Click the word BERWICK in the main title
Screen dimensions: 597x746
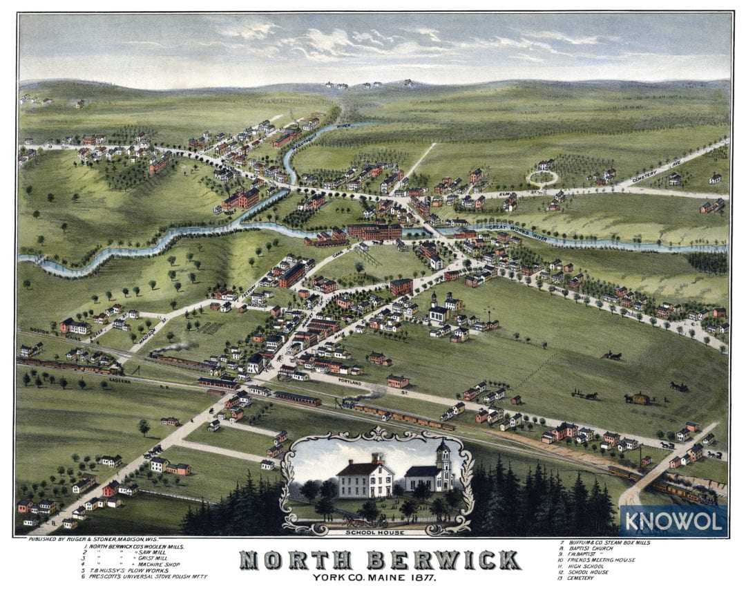pos(441,560)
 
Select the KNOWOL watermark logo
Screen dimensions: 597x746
pos(673,520)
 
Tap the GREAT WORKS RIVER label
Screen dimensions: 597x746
pos(517,227)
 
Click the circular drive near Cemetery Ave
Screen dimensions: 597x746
pos(542,178)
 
